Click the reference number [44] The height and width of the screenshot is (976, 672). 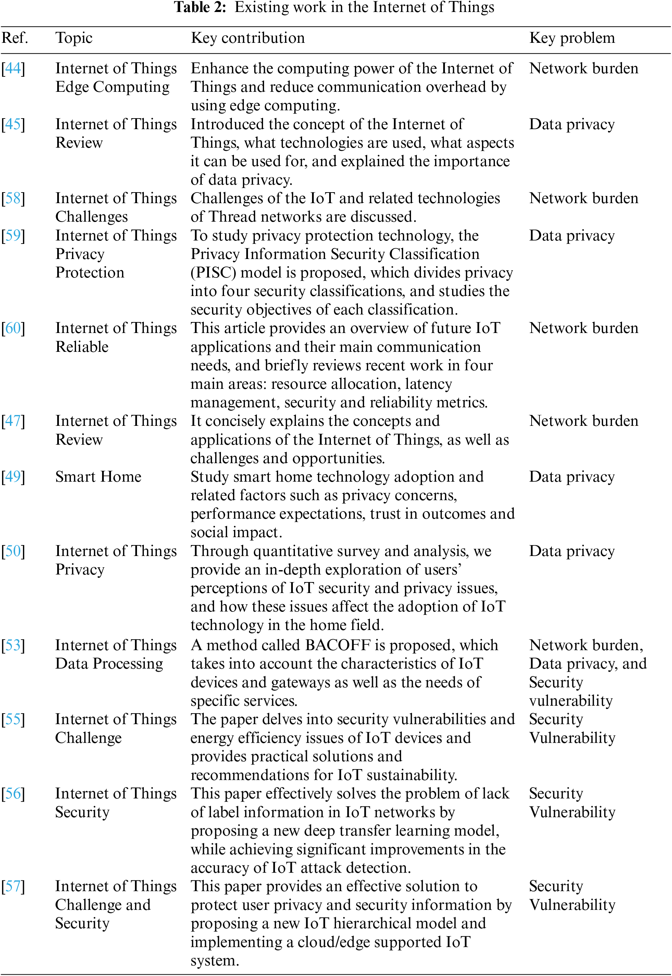[x=13, y=68]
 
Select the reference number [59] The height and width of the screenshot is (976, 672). [x=13, y=235]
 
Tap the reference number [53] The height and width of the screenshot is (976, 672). [x=13, y=645]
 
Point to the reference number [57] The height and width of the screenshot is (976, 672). [x=13, y=886]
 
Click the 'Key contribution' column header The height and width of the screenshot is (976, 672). [x=248, y=38]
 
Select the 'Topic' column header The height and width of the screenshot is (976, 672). [x=74, y=38]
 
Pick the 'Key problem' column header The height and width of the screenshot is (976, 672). [x=572, y=38]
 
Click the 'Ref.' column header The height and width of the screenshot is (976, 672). [x=15, y=38]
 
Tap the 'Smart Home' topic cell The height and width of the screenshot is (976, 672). [x=98, y=477]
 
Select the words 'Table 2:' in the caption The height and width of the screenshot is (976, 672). [x=200, y=8]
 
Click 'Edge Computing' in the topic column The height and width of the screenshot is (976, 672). [x=112, y=87]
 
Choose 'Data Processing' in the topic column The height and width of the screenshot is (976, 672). [x=109, y=663]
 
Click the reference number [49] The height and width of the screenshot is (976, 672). [x=13, y=477]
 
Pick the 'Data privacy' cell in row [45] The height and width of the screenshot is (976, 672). [x=572, y=124]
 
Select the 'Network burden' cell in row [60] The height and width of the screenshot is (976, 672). [x=584, y=328]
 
